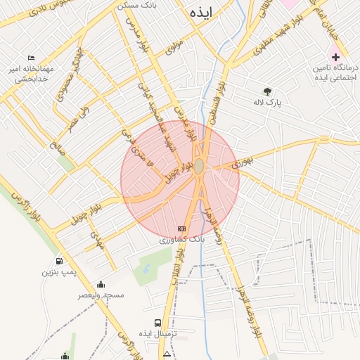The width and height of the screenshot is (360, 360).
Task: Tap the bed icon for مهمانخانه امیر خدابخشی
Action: (x=31, y=58)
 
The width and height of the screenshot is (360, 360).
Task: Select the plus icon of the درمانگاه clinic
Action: (x=335, y=56)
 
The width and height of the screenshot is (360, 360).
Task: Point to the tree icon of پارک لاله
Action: (x=267, y=91)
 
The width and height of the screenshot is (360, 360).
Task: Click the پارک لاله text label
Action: (x=267, y=103)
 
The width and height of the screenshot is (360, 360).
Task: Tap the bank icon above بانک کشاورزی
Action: (x=182, y=229)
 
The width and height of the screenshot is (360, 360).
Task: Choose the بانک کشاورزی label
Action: (x=181, y=240)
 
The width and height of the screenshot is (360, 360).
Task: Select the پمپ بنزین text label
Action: (x=58, y=271)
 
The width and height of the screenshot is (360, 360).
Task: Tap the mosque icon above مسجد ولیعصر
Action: (x=101, y=284)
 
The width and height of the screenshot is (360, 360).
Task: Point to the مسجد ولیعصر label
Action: (x=101, y=295)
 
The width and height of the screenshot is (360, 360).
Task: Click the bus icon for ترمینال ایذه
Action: (x=158, y=323)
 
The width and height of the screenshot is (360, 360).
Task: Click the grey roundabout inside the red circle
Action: (x=200, y=165)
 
